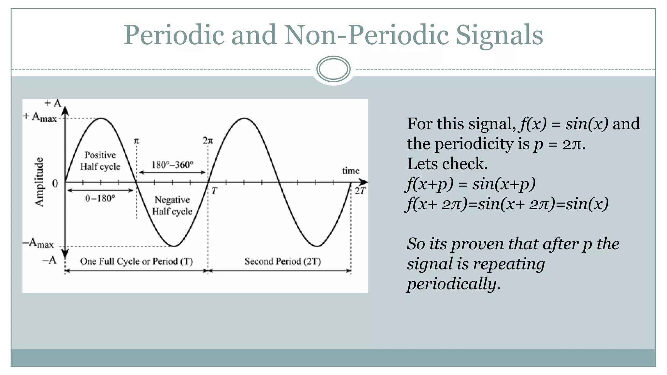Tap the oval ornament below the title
333,69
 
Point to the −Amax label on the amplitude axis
38,243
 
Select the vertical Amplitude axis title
39,182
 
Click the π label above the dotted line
136,141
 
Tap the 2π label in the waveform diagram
208,141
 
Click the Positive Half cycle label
100,161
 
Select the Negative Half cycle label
172,205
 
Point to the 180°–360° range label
172,165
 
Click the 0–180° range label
100,198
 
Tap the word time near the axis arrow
350,171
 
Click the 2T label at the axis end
360,191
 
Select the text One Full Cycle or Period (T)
136,261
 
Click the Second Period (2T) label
283,261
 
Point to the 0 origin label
55,184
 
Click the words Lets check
447,164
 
